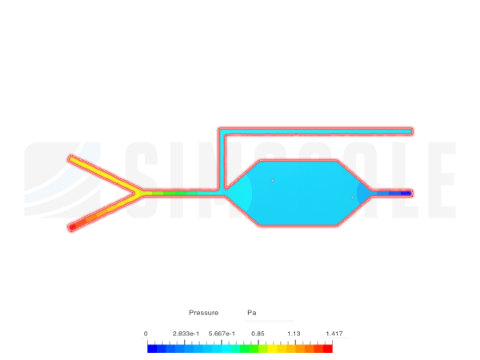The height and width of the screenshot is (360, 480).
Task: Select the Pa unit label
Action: (x=251, y=313)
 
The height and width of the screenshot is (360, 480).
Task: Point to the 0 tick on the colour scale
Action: (x=146, y=334)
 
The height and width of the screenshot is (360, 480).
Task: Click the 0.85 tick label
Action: (x=258, y=334)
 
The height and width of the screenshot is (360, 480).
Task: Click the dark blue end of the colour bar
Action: (x=152, y=348)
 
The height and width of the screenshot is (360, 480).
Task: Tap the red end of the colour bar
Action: (x=327, y=348)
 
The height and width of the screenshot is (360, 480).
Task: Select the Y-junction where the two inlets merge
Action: (x=139, y=193)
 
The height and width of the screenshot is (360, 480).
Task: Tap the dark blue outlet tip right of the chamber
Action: (x=408, y=193)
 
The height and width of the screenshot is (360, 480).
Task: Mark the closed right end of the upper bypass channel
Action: (x=411, y=130)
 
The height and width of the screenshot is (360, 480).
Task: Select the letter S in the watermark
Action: (x=142, y=180)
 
